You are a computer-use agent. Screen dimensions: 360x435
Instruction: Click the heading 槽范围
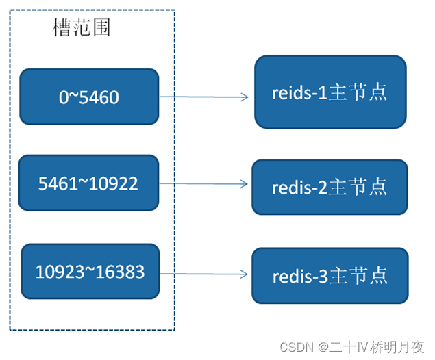pos(82,29)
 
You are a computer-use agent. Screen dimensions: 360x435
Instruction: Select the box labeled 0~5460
pos(89,97)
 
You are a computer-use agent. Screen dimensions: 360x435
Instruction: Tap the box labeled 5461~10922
pos(89,183)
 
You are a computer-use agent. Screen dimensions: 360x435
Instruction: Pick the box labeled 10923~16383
pos(90,272)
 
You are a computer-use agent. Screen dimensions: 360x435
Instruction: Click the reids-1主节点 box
pos(330,92)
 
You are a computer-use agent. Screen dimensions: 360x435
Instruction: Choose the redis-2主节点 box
pos(330,186)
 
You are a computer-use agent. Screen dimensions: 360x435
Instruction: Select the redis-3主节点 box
pos(330,276)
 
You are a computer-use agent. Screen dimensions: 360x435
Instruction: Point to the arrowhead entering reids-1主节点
pos(245,97)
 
